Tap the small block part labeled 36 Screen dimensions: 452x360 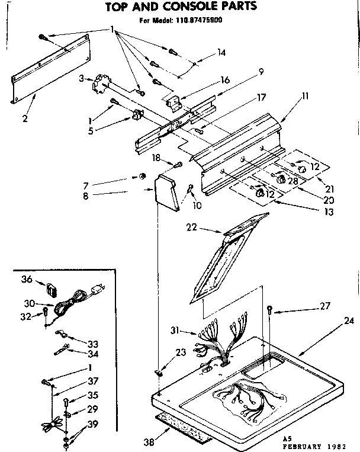[x=52, y=291]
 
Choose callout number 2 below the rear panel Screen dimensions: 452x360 [x=25, y=118]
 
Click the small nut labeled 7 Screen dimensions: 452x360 [x=142, y=176]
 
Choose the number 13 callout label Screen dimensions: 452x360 [x=328, y=212]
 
